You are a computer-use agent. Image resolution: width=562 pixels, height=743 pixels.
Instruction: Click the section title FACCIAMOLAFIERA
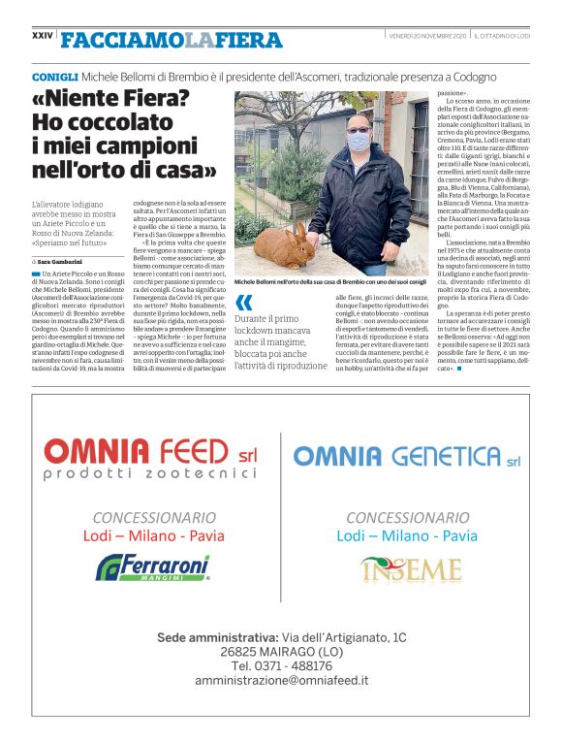click(171, 40)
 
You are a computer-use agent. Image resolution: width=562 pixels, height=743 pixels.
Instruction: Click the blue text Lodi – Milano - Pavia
click(407, 535)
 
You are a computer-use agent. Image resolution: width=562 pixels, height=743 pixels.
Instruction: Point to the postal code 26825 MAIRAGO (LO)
click(280, 652)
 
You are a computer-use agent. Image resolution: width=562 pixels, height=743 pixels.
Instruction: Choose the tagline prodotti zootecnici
click(137, 473)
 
